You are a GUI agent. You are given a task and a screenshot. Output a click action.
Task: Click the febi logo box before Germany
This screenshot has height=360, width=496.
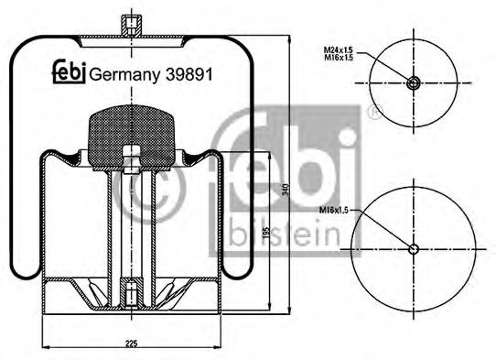[x=67, y=73]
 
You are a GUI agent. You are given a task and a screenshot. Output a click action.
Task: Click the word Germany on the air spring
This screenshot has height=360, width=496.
[x=123, y=73]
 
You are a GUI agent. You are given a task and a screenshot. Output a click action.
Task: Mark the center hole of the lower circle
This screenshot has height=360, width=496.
[x=414, y=249]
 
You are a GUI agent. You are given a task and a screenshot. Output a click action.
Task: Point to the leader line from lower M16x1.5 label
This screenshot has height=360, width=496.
[x=385, y=229]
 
